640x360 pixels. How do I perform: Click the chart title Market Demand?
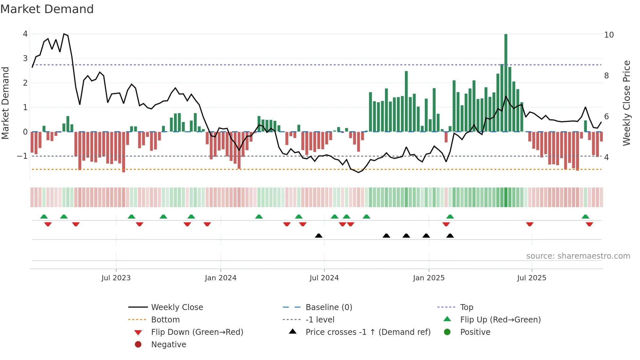pyautogui.click(x=47, y=9)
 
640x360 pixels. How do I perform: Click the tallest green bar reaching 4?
pyautogui.click(x=506, y=82)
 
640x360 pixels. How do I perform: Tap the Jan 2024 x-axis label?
pyautogui.click(x=220, y=278)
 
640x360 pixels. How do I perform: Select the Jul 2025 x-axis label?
pyautogui.click(x=532, y=278)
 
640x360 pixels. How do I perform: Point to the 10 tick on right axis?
pyautogui.click(x=609, y=35)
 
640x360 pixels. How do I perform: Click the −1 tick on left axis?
pyautogui.click(x=22, y=156)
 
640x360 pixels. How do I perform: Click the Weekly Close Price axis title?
pyautogui.click(x=626, y=103)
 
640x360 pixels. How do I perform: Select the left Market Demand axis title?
pyautogui.click(x=5, y=103)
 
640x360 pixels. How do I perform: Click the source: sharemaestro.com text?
pyautogui.click(x=578, y=256)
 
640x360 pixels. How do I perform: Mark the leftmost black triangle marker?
pyautogui.click(x=319, y=236)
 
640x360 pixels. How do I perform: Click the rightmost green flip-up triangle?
pyautogui.click(x=585, y=217)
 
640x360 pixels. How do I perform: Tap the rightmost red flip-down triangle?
pyautogui.click(x=589, y=224)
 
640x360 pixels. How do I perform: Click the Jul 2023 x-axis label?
pyautogui.click(x=116, y=278)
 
